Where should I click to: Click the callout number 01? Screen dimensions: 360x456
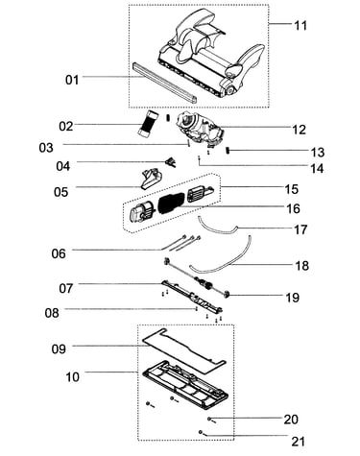(72, 80)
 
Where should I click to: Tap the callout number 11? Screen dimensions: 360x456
(300, 25)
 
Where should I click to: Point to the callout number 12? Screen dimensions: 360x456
(300, 130)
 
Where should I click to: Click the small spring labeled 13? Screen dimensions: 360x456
(228, 150)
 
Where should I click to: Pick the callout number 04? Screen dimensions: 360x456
(62, 166)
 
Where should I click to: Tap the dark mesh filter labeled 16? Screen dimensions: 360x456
(172, 203)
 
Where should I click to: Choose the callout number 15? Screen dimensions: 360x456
(291, 189)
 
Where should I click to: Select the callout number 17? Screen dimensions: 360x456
(300, 229)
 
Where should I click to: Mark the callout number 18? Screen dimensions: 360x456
(301, 265)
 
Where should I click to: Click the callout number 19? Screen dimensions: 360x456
(293, 298)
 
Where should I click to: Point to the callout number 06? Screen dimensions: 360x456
(59, 253)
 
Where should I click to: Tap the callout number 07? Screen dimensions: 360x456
(66, 288)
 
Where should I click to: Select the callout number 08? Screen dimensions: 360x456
(52, 312)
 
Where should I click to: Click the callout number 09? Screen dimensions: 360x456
(59, 348)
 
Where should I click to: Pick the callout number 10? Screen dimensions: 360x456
(72, 376)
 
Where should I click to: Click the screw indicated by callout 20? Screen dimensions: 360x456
(210, 420)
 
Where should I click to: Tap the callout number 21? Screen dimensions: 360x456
(299, 442)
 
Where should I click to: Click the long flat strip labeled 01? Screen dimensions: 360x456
(164, 82)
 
